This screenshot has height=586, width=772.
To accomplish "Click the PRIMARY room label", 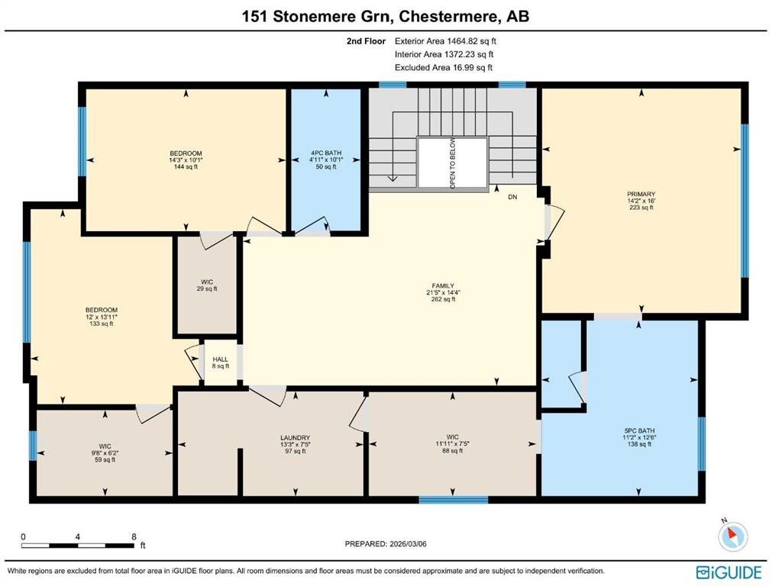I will pyautogui.click(x=641, y=195).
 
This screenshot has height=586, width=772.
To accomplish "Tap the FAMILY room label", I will pyautogui.click(x=443, y=286).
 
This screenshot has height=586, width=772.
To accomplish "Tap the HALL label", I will pyautogui.click(x=220, y=359).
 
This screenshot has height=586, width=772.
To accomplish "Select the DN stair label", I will pyautogui.click(x=513, y=197).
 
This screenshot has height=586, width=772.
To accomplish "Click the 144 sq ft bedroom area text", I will pyautogui.click(x=186, y=167).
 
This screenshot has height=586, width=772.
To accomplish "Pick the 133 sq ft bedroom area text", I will pyautogui.click(x=101, y=324).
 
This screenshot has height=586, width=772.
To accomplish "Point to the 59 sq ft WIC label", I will pyautogui.click(x=105, y=459).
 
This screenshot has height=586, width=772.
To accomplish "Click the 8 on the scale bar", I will pyautogui.click(x=134, y=536).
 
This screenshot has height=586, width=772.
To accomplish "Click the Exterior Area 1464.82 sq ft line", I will pyautogui.click(x=450, y=41).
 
